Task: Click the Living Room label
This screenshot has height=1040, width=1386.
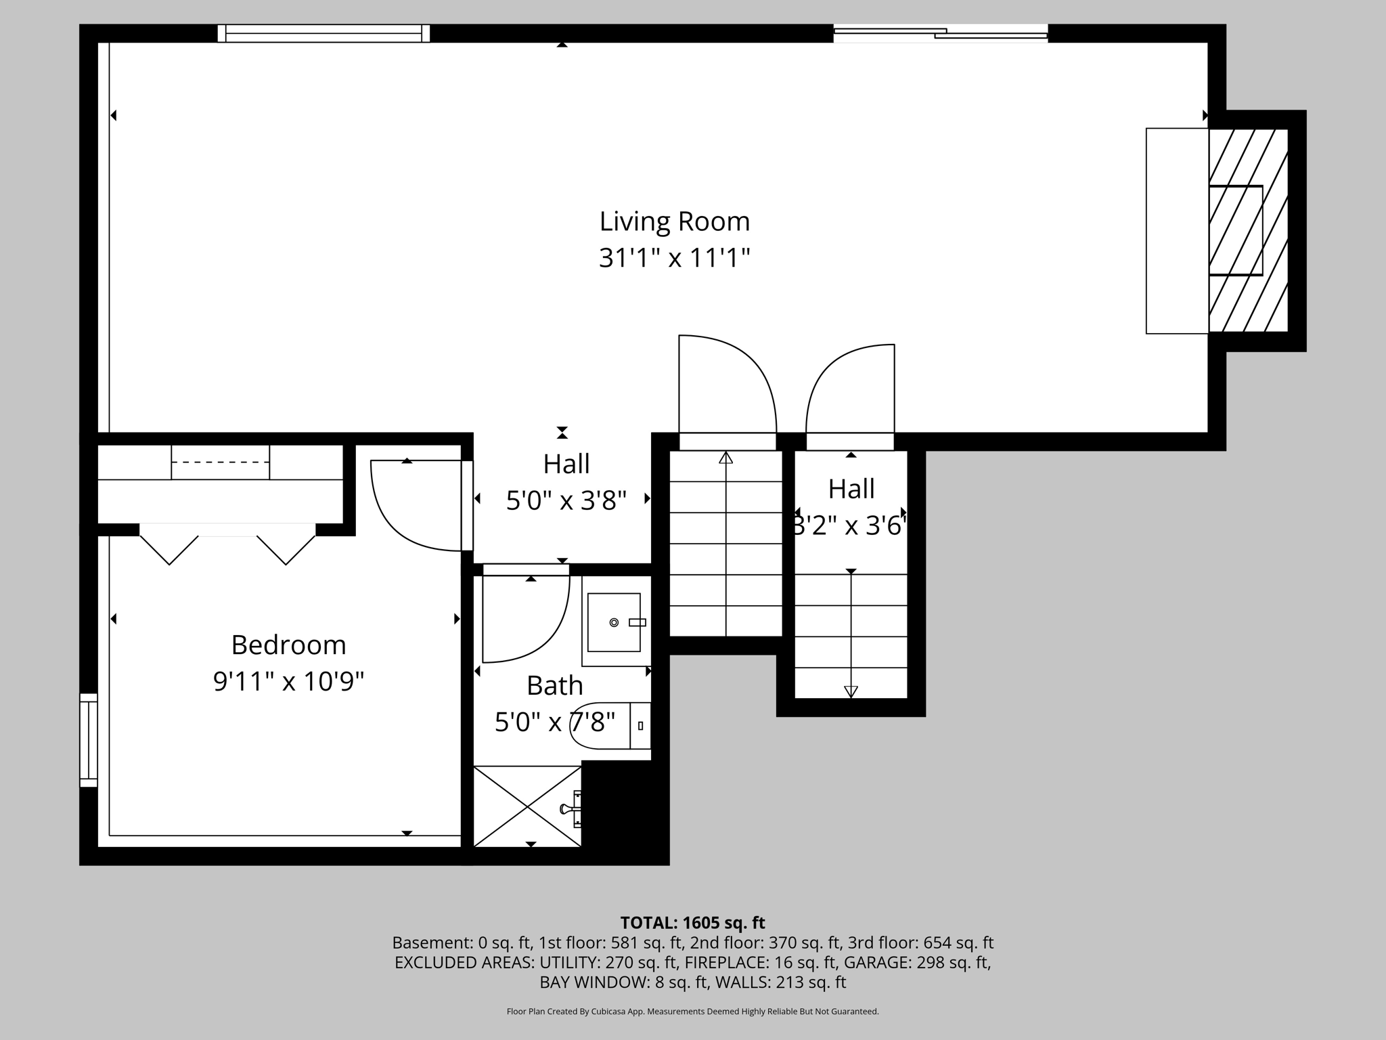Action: tap(674, 221)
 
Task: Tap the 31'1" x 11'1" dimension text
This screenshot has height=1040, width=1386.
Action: tap(674, 258)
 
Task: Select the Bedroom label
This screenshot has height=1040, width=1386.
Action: tap(288, 645)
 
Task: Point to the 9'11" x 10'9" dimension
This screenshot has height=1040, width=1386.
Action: tap(288, 681)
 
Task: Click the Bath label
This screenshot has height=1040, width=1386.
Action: tap(555, 685)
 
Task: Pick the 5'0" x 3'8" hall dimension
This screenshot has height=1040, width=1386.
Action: tap(566, 500)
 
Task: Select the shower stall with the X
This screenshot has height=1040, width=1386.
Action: tap(527, 806)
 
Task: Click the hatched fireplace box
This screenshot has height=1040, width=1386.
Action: tap(1248, 231)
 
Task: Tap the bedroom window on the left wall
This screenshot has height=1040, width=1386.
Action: tap(89, 740)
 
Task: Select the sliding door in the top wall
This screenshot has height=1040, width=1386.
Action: tap(941, 33)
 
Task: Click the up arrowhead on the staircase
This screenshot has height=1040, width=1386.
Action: tap(726, 457)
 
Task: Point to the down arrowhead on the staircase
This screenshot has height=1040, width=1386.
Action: tap(851, 691)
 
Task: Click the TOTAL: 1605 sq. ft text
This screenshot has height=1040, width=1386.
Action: tap(692, 923)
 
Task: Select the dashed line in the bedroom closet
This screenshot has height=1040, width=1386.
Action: tap(221, 462)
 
